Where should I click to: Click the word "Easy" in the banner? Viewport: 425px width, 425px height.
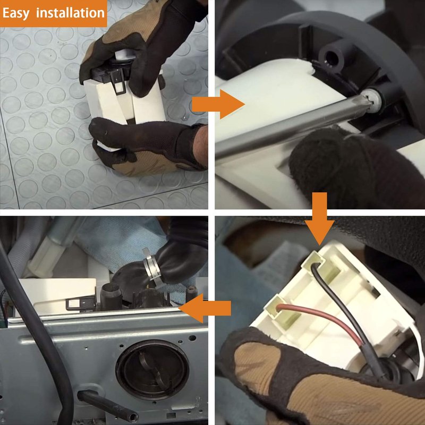(x=16, y=13)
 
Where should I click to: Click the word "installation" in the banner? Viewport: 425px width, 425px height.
(x=71, y=12)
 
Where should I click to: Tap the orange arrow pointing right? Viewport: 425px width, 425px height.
(x=218, y=104)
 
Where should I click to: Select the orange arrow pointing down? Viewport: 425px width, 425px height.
(x=320, y=218)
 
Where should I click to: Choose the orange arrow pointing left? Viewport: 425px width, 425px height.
(x=205, y=308)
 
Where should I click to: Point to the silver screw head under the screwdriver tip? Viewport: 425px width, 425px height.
(x=372, y=101)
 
